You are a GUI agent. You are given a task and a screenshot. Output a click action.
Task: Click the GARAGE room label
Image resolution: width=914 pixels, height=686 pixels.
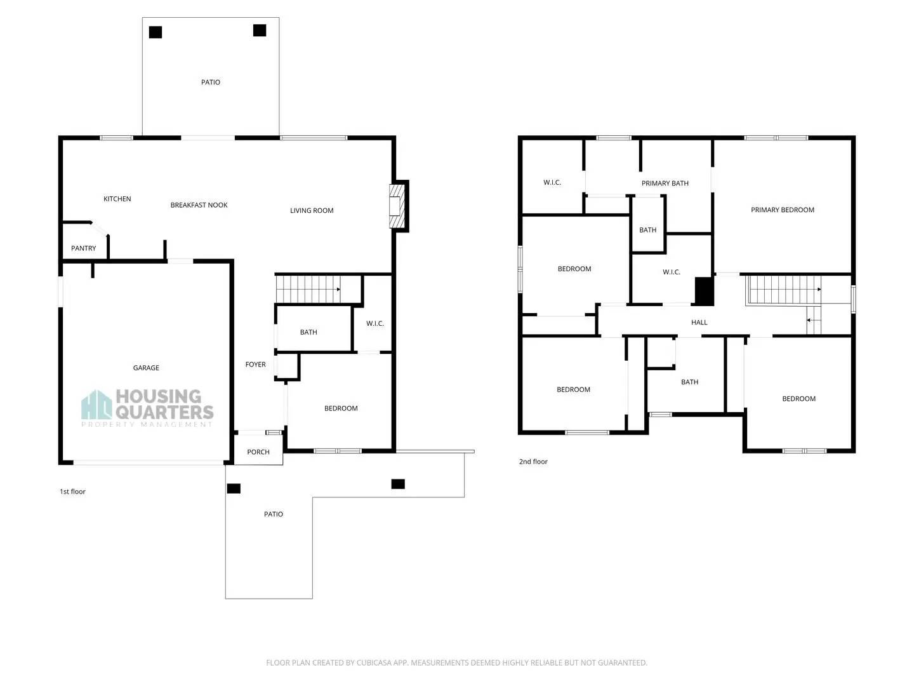point(146,368)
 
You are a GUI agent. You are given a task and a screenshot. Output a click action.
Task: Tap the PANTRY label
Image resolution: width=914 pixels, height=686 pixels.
point(83,248)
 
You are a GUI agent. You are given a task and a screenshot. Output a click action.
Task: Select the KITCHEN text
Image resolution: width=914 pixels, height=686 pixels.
point(117,199)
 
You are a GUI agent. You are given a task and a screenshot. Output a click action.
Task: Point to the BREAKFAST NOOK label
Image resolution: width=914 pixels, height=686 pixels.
point(199,205)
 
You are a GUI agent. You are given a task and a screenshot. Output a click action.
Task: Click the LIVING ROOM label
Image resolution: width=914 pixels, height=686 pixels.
point(312,210)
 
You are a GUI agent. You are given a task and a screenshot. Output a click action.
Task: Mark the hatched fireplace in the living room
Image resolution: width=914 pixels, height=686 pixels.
point(396,205)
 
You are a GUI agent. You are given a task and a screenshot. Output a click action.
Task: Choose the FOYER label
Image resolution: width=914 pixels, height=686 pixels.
point(255,365)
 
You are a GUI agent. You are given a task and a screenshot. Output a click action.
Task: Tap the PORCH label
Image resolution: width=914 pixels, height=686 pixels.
point(258,452)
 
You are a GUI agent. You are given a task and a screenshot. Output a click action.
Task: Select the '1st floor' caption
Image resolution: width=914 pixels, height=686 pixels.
point(72,492)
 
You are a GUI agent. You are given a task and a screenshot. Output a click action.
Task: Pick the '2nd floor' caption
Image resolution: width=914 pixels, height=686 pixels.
point(533,462)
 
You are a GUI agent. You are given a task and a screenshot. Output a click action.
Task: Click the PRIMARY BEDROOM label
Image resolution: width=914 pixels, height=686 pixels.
point(782,210)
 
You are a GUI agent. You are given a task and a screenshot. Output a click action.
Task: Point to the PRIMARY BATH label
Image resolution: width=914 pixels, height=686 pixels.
point(665,184)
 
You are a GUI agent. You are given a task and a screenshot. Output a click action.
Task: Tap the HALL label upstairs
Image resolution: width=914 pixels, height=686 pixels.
point(699,323)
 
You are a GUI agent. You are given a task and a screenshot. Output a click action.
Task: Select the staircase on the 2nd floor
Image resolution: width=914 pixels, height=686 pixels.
point(784,290)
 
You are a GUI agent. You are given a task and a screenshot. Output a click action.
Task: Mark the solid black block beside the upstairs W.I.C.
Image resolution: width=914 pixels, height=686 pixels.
point(704,292)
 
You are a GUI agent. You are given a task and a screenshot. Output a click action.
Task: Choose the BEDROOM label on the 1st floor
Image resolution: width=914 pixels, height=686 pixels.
point(341,408)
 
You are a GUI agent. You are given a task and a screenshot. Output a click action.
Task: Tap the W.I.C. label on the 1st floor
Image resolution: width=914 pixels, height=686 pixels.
point(374,324)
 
